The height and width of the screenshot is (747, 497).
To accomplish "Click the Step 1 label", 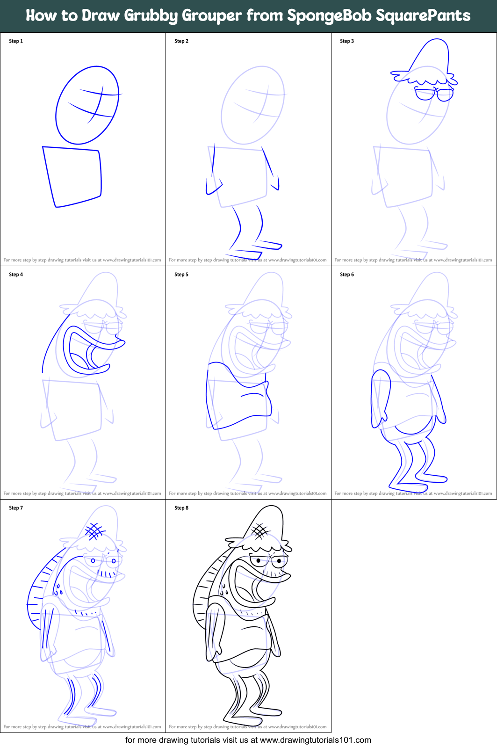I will coord(16,41).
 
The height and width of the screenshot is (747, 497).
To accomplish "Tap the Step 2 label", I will coord(181,41).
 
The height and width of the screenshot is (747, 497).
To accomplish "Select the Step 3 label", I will coord(347,41).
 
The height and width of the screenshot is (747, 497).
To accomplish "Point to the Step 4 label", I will coord(16,275).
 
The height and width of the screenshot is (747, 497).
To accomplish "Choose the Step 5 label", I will coord(181,275).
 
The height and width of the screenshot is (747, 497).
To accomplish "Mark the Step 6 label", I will coord(347,275).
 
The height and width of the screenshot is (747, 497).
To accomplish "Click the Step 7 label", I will coord(16,508).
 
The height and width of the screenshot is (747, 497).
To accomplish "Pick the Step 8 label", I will coord(181,508).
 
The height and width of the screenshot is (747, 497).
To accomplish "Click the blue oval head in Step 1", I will coord(87,105).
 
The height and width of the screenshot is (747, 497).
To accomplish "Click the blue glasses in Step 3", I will coord(434,94).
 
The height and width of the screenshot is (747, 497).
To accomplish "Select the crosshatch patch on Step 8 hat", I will coord(260,530).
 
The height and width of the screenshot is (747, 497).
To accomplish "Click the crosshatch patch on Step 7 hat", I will coord(95,530).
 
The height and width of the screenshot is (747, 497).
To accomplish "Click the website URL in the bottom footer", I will coord(315,740).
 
